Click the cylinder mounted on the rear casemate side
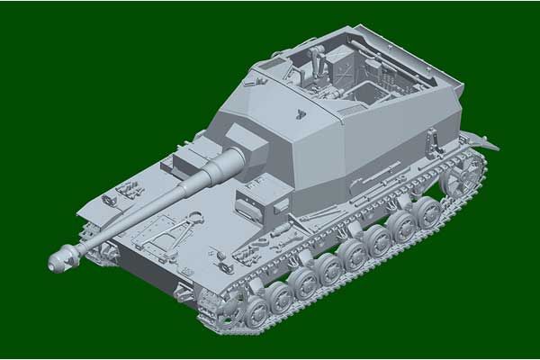[433, 139]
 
